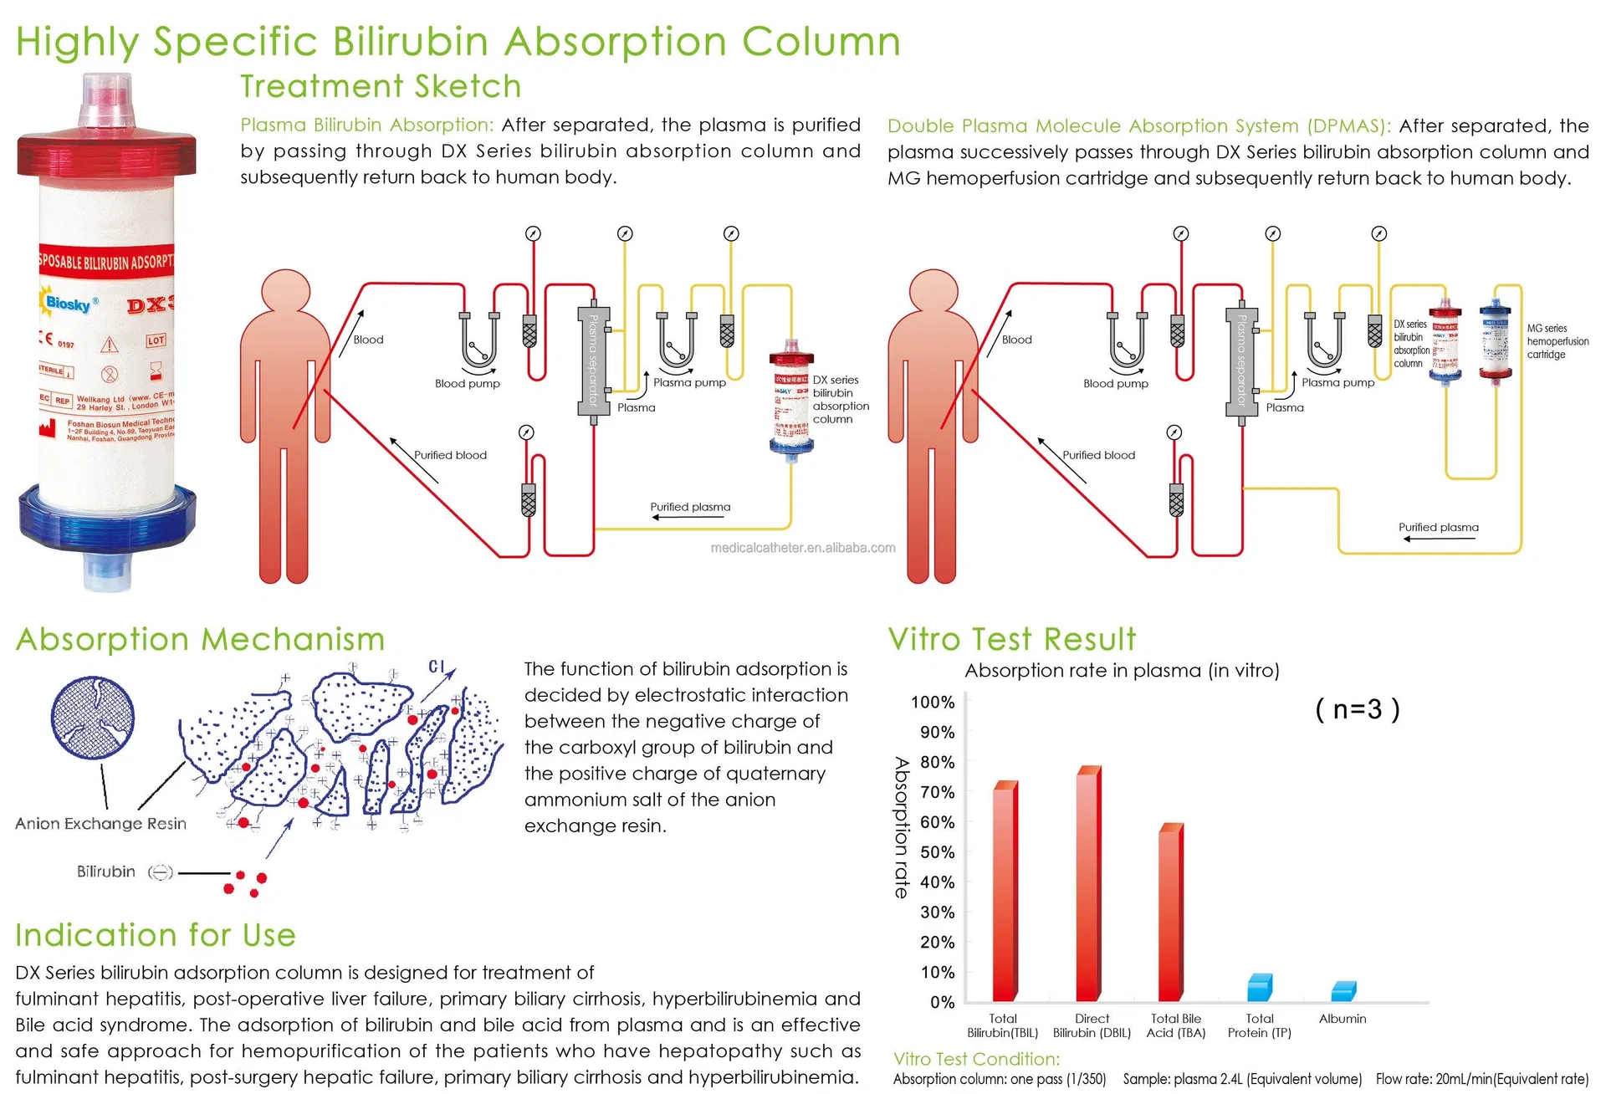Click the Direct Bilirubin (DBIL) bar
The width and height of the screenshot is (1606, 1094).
pos(1088,887)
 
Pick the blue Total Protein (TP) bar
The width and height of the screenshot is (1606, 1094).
pos(1259,988)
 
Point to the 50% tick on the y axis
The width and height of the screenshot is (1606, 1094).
pos(937,852)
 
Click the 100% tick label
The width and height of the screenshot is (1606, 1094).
pos(933,703)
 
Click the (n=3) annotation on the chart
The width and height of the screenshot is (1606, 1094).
pos(1357,709)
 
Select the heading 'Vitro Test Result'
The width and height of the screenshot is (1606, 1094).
pos(1012,640)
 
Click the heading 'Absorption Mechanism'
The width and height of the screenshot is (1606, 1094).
pos(200,640)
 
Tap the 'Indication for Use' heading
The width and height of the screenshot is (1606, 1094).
pos(156,935)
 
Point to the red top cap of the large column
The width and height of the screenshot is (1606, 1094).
pos(106,156)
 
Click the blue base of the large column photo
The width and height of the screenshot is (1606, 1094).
pos(106,519)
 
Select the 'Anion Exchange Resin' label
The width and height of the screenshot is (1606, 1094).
pos(100,824)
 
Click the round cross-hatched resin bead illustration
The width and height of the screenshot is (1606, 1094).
pos(93,718)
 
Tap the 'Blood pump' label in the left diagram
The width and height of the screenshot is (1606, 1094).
pos(467,384)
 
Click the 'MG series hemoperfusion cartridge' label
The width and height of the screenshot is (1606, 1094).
pos(1557,341)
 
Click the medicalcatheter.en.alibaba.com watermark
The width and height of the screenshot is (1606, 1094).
pos(802,548)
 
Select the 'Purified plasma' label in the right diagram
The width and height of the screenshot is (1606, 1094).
pos(1438,528)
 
